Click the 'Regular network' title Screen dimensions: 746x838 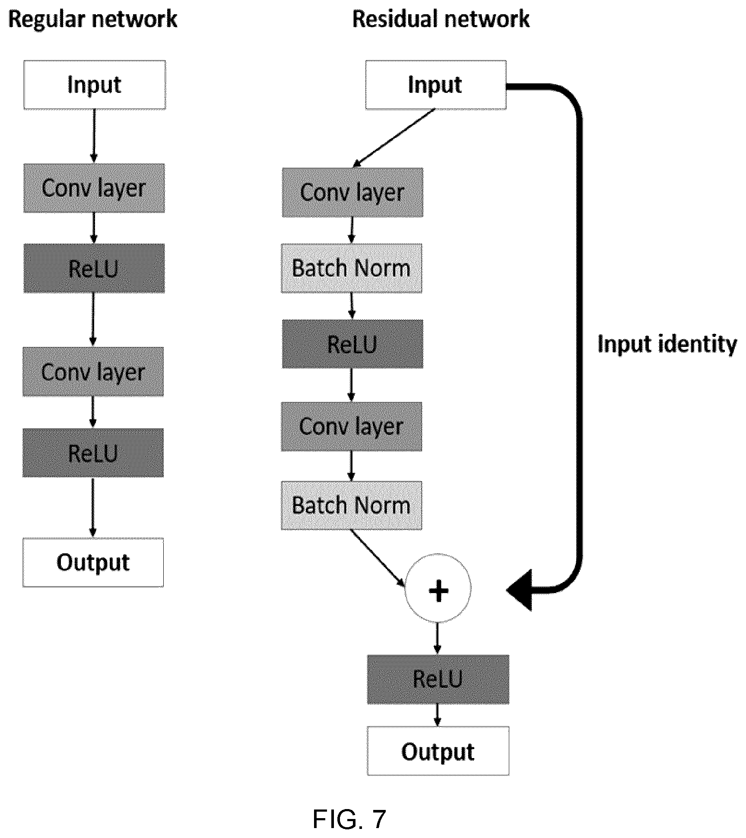pyautogui.click(x=93, y=20)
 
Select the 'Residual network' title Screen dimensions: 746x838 pyautogui.click(x=441, y=19)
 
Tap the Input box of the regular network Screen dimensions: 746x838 pyautogui.click(x=95, y=85)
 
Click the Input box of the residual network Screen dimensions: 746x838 pyautogui.click(x=436, y=85)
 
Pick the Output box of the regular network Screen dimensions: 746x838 pyautogui.click(x=93, y=562)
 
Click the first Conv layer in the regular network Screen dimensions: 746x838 pyautogui.click(x=94, y=188)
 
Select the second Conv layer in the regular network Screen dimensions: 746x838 pyautogui.click(x=93, y=371)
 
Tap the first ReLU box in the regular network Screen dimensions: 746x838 pyautogui.click(x=94, y=268)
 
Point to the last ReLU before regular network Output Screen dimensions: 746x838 pyautogui.click(x=93, y=453)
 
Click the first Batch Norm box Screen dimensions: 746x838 pyautogui.click(x=352, y=268)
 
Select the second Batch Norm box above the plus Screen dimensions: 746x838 pyautogui.click(x=352, y=505)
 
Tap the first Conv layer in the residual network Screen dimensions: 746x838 pyautogui.click(x=353, y=193)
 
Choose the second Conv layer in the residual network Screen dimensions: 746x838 pyautogui.click(x=352, y=427)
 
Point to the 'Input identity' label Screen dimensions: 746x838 pyautogui.click(x=667, y=344)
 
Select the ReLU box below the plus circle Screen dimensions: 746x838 pyautogui.click(x=438, y=679)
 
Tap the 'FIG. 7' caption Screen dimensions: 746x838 pyautogui.click(x=349, y=819)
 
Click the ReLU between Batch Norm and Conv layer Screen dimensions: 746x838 pyautogui.click(x=353, y=344)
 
